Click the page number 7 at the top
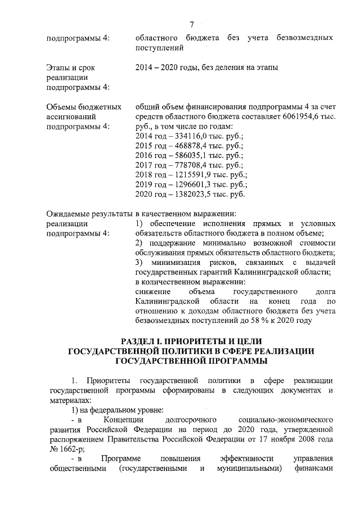191,24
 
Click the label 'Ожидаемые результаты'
89,213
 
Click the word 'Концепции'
124,420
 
